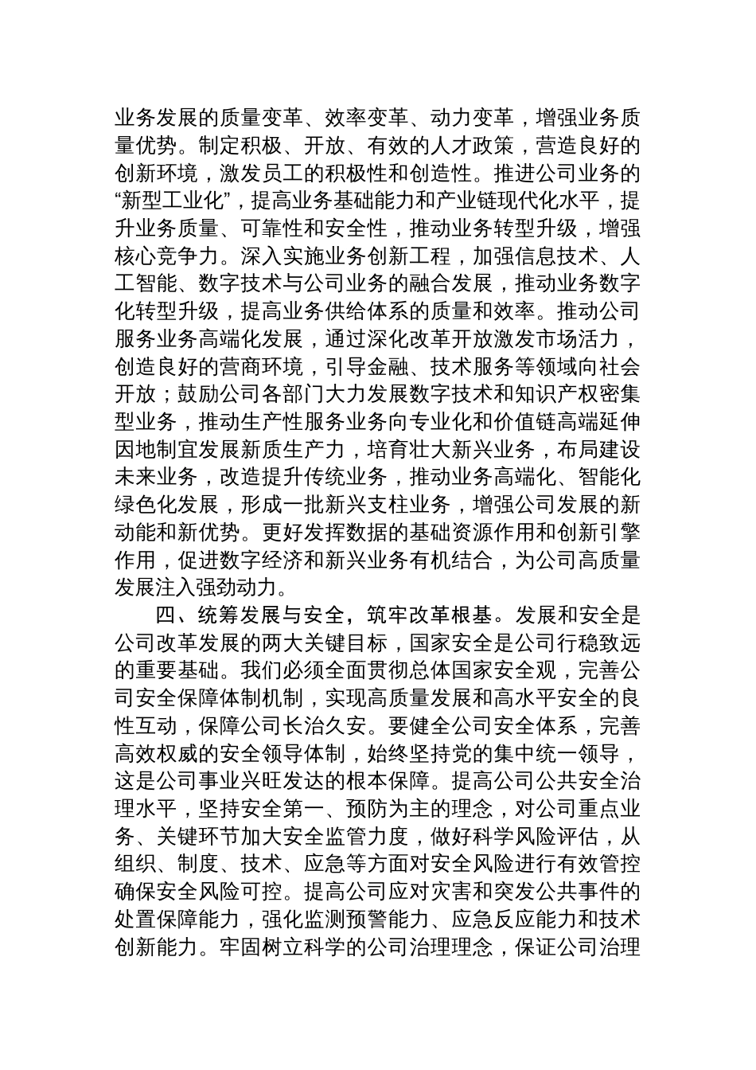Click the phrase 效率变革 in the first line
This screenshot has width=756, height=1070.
365,119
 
